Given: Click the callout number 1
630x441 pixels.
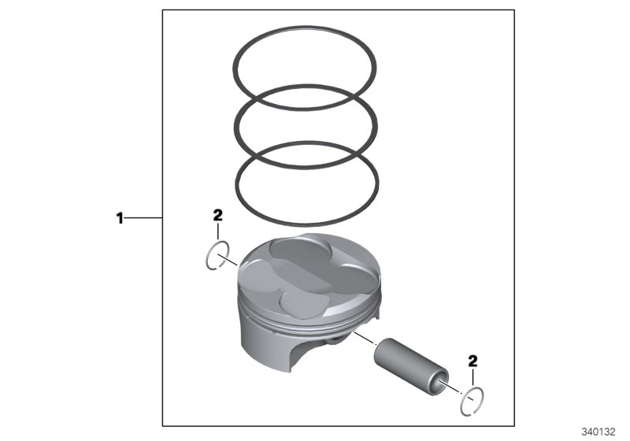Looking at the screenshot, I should click(x=120, y=217).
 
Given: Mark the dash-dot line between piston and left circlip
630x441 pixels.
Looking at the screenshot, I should click(x=233, y=261).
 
